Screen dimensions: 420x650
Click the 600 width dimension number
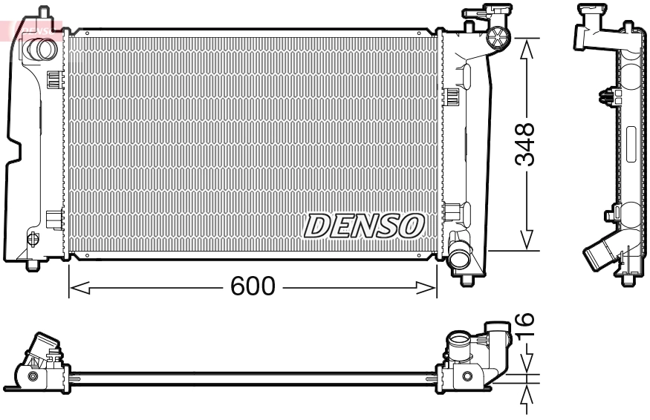click(x=253, y=286)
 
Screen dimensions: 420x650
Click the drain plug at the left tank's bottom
click(x=33, y=239)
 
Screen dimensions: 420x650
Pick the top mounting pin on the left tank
click(x=45, y=13)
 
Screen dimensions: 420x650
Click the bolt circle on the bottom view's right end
click(x=467, y=376)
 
